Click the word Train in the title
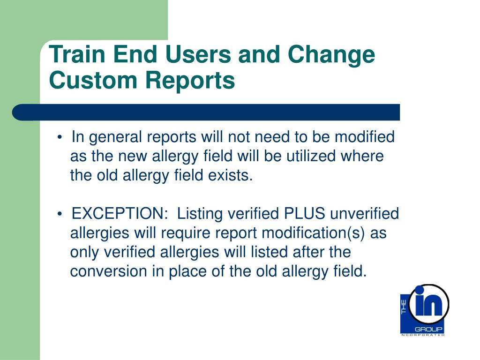pyautogui.click(x=78, y=54)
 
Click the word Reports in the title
pyautogui.click(x=190, y=82)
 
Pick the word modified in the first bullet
pyautogui.click(x=364, y=136)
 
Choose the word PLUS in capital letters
pyautogui.click(x=304, y=213)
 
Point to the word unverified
pyautogui.click(x=364, y=213)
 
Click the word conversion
pyautogui.click(x=108, y=271)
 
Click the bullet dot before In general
pyautogui.click(x=60, y=137)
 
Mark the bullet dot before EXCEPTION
pyautogui.click(x=60, y=214)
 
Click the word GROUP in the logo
pyautogui.click(x=428, y=330)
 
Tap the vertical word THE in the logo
pyautogui.click(x=404, y=307)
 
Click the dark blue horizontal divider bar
pyautogui.click(x=206, y=112)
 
